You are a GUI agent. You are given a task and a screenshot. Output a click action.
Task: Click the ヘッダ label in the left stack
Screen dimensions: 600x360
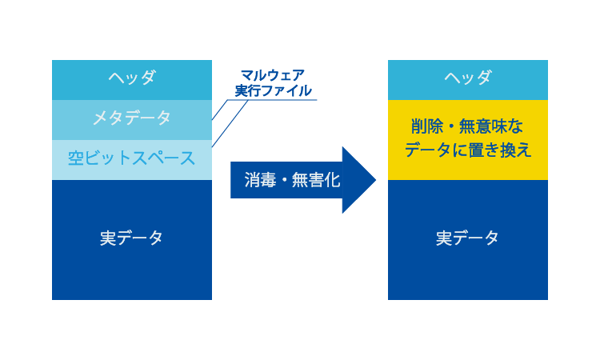point(132,78)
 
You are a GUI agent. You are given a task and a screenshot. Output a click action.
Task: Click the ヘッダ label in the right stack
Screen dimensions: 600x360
point(468,78)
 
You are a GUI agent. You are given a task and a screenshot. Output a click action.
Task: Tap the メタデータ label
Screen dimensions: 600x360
point(132,118)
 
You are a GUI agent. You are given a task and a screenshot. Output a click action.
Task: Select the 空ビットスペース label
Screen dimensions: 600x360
point(132,158)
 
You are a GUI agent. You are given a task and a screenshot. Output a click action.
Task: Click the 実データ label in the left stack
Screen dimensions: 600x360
point(132,238)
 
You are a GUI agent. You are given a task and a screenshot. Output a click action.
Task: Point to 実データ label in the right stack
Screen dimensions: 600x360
point(467,238)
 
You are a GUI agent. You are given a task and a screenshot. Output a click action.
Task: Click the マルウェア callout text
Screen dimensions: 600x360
point(273,75)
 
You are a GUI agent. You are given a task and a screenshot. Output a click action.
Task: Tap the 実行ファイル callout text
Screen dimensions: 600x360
point(274,90)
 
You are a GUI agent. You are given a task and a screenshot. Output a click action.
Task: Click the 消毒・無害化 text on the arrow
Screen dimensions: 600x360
point(292,180)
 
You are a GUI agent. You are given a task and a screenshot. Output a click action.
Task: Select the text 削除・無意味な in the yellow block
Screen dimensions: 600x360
point(467,126)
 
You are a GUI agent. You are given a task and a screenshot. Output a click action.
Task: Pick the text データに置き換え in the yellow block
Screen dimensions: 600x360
point(468,150)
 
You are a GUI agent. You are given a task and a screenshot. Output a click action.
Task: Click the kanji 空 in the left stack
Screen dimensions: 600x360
point(76,158)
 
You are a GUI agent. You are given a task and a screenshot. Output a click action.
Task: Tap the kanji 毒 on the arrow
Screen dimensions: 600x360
point(268,180)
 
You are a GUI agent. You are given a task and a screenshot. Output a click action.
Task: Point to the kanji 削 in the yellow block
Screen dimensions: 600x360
point(419,126)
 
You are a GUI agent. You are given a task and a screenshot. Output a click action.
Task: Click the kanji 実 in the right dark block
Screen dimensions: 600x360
point(444,238)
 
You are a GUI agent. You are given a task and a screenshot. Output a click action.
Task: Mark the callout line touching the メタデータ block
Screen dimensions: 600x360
point(220,110)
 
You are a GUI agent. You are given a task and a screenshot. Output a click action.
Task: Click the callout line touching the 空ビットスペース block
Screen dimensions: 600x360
point(230,123)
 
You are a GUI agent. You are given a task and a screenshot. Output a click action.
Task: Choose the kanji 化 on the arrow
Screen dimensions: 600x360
point(332,180)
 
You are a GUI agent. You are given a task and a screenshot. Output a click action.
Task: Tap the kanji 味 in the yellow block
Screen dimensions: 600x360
point(499,126)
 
